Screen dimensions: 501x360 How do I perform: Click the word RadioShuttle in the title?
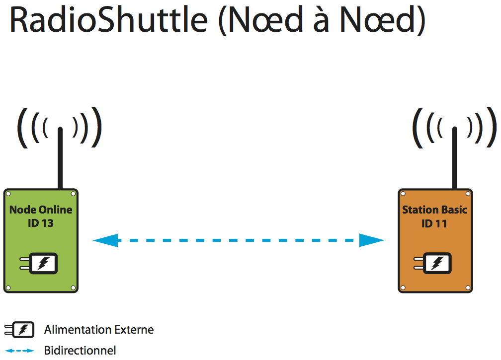[x=109, y=20]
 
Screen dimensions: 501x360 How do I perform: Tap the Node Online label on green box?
[x=41, y=210]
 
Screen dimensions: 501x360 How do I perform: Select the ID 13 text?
[x=41, y=223]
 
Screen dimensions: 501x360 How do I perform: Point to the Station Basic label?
[x=434, y=210]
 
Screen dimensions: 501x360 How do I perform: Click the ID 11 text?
[x=434, y=223]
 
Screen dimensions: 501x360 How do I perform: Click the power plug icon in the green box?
[x=39, y=263]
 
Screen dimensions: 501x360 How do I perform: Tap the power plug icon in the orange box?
[x=432, y=263]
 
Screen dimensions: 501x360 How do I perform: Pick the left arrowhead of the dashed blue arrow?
[x=105, y=240]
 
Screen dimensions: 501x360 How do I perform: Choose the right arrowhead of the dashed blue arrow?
[x=372, y=240]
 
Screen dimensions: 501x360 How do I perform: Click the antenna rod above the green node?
[x=60, y=158]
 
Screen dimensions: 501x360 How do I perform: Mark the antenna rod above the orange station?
[x=455, y=158]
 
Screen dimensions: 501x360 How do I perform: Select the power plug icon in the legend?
[x=19, y=330]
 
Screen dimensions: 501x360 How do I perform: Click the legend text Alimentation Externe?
[x=99, y=330]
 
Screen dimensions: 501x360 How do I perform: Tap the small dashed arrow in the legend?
[x=19, y=351]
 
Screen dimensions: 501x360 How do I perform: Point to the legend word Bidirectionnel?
[x=80, y=351]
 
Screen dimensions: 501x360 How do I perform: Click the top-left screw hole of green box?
[x=8, y=194]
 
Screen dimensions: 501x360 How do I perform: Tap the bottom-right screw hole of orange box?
[x=468, y=288]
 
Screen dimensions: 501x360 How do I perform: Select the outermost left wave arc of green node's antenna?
[x=20, y=128]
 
